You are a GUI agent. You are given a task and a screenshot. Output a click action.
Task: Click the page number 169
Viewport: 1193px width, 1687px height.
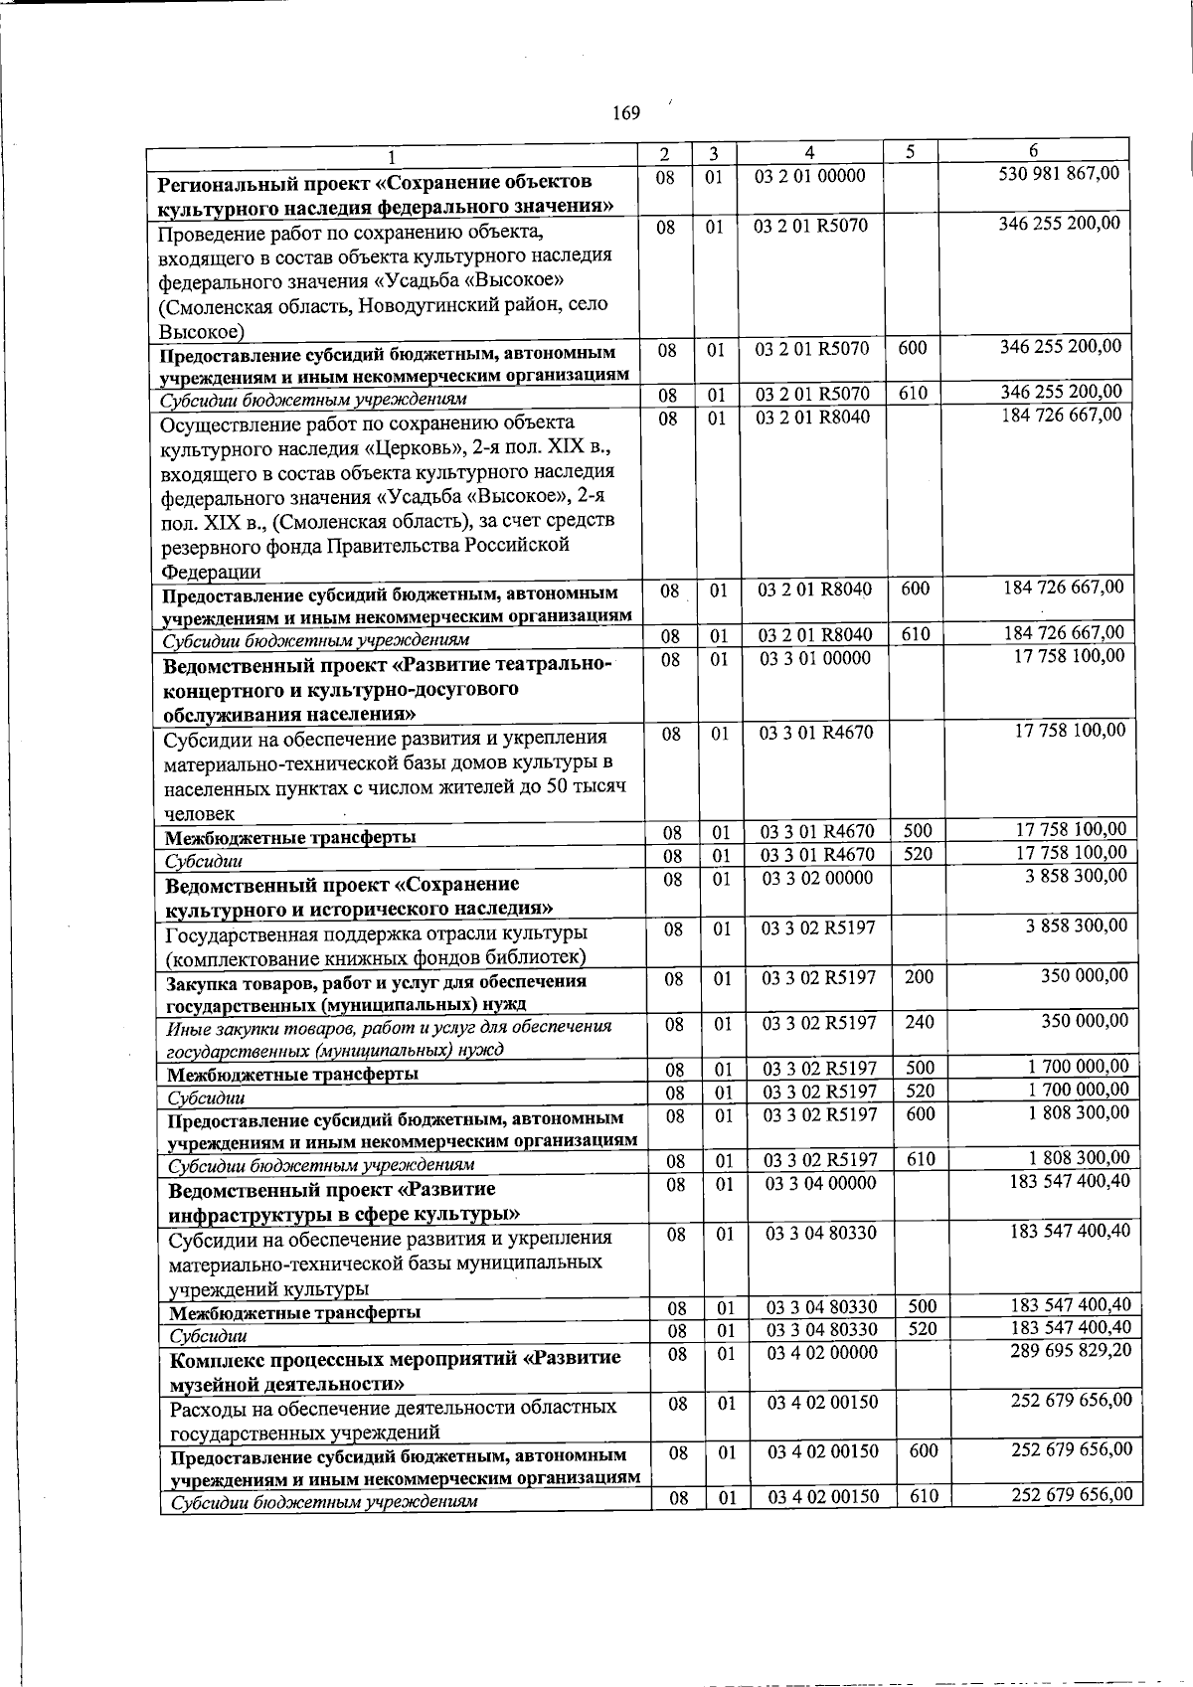pyautogui.click(x=625, y=112)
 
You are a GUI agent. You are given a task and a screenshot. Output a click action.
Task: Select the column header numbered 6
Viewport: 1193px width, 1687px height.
pyautogui.click(x=1033, y=151)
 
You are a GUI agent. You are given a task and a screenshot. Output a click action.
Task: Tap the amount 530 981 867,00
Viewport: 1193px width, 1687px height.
pyautogui.click(x=1059, y=175)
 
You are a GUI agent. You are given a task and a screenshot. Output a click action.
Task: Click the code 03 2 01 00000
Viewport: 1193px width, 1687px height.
pyautogui.click(x=810, y=177)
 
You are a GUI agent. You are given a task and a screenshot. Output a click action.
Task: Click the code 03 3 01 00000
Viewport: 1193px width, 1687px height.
pyautogui.click(x=815, y=658)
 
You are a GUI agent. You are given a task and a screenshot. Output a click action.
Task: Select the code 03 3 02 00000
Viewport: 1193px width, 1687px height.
pyautogui.click(x=817, y=878)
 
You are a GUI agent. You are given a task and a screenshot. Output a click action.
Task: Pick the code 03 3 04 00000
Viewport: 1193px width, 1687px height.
pyautogui.click(x=820, y=1183)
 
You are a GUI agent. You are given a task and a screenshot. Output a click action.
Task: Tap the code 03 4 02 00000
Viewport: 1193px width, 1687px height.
pyautogui.click(x=822, y=1353)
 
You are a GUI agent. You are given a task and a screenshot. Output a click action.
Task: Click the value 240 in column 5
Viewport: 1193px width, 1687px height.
pyautogui.click(x=920, y=1021)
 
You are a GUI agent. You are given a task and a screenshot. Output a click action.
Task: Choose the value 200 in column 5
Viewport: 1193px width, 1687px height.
pyautogui.click(x=919, y=977)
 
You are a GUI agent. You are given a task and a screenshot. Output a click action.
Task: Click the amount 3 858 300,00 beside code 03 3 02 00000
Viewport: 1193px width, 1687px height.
pyautogui.click(x=1077, y=876)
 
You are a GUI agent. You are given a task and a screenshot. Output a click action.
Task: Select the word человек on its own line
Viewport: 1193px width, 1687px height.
pyautogui.click(x=200, y=813)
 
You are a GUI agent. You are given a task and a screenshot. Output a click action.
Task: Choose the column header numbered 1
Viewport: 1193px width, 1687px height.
pyautogui.click(x=392, y=156)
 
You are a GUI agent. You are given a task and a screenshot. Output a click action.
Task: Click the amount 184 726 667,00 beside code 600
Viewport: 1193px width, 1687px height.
pyautogui.click(x=1064, y=587)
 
